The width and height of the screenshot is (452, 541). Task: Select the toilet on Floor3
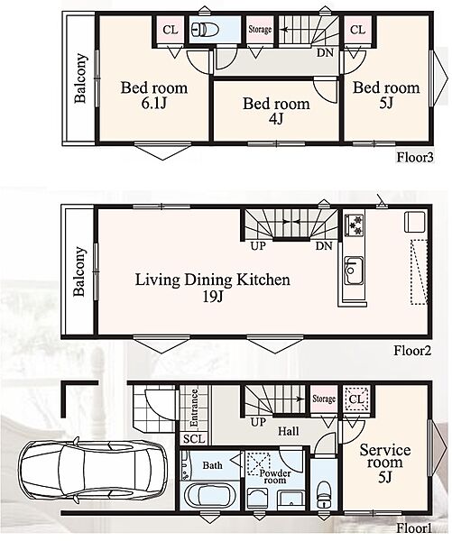coord(205,29)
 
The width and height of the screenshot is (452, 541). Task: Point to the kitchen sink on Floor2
coord(355,270)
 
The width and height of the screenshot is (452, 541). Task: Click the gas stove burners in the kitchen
coord(354,225)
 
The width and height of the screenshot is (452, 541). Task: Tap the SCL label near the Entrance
coord(194,439)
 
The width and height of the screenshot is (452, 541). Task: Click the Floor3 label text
coord(414,158)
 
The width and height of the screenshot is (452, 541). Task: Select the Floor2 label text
coord(412,351)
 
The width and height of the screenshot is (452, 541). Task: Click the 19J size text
coord(212,297)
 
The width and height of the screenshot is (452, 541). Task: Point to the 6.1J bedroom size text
coord(154,103)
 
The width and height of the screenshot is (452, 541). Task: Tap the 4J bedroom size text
coord(276,119)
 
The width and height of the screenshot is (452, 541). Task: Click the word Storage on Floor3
coord(260,30)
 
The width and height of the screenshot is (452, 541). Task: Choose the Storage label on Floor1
coord(324,399)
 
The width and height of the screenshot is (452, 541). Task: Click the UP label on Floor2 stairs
coord(258,245)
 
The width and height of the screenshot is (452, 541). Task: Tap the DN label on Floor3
coord(326,53)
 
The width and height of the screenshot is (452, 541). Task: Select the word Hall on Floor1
coord(289,431)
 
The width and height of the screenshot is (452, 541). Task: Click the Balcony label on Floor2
coord(79,271)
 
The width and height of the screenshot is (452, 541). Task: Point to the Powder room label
coord(275,476)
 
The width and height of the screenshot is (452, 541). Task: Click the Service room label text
coord(385,456)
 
